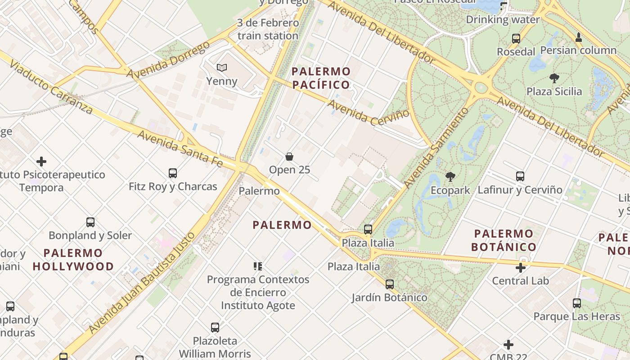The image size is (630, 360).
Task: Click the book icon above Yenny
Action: [221, 68]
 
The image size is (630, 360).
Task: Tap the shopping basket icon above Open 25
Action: [289, 157]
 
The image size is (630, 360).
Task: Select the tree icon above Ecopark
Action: [450, 177]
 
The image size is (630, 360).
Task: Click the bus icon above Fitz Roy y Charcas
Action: [173, 173]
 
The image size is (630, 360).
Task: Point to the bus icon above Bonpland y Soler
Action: [90, 222]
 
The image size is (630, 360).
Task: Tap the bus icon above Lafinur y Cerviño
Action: [520, 176]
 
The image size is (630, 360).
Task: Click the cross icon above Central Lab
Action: [521, 268]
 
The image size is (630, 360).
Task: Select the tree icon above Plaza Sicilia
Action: [554, 78]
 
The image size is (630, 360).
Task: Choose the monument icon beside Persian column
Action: [579, 37]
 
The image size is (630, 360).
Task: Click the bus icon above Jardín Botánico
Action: [390, 284]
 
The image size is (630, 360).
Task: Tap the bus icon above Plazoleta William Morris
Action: [215, 328]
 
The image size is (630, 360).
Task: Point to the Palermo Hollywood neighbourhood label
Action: [73, 260]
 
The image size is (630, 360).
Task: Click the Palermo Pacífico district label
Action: [321, 78]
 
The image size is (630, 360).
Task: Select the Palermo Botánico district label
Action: [504, 240]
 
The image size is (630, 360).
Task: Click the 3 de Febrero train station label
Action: [268, 29]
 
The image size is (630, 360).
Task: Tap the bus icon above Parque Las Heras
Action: [577, 303]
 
